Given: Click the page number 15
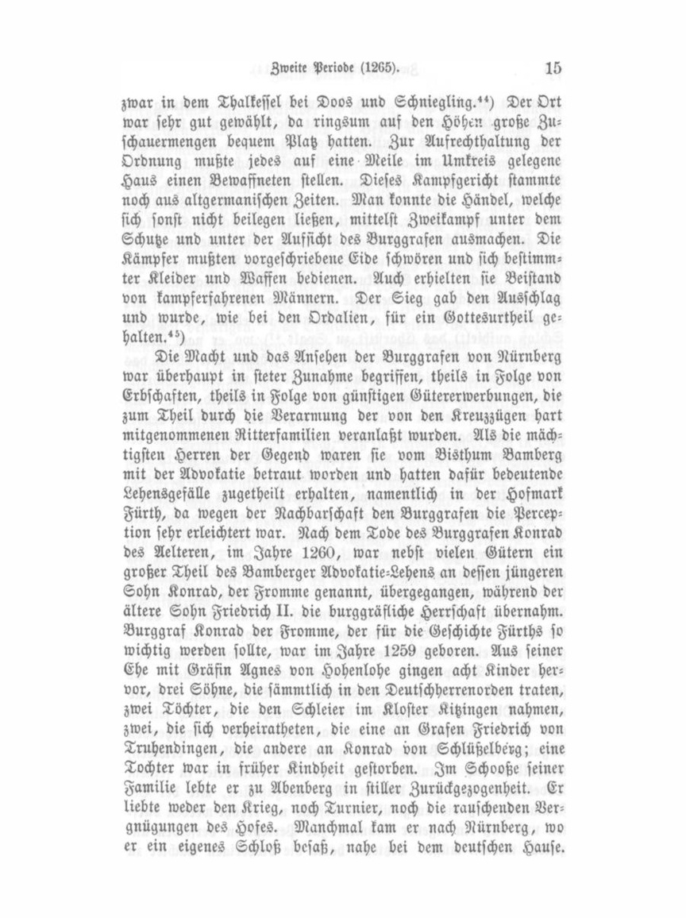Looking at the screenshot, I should [552, 67].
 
